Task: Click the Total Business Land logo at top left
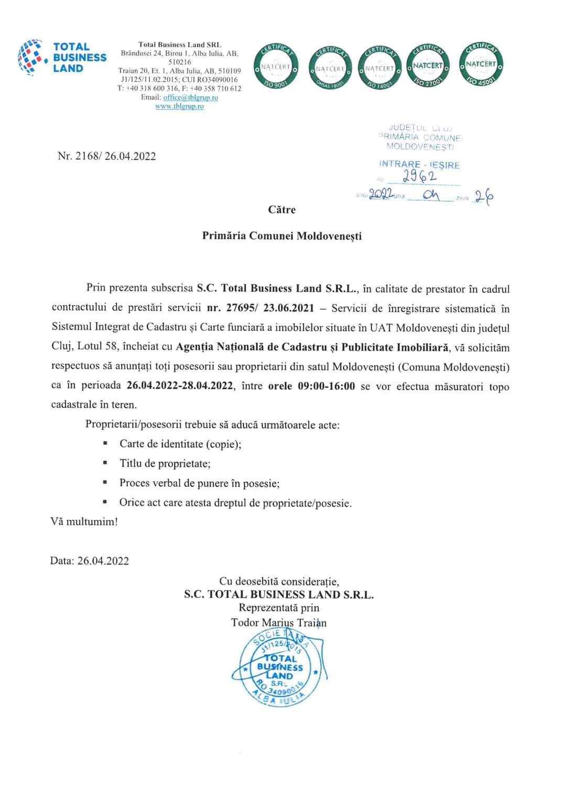pos(62,58)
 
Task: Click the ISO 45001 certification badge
pos(481,64)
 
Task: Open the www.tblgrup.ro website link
pos(180,106)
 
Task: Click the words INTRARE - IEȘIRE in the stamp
pos(419,165)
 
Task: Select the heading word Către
pos(282,210)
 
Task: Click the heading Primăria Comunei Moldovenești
pos(282,236)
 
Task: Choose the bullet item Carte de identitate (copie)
pos(180,444)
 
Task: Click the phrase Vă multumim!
pos(84,522)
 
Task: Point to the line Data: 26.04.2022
pos(90,561)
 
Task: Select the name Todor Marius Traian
pos(279,622)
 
